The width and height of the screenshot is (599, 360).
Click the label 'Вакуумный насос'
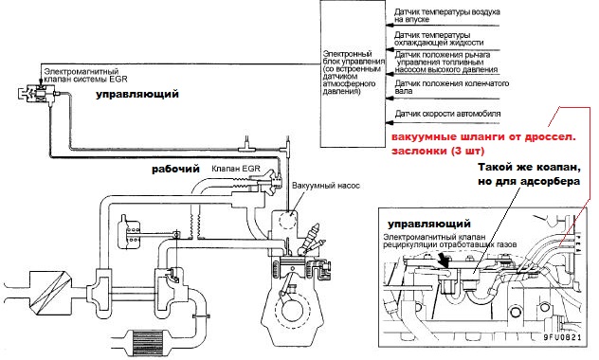tap(326, 186)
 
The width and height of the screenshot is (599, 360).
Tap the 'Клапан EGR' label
tap(236, 169)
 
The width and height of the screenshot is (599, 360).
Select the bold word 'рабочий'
tap(175, 170)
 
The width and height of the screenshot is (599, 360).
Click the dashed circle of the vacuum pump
tap(288, 219)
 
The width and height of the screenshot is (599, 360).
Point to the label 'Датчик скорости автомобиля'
tap(447, 114)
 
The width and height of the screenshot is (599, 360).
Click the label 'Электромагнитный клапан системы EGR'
tap(85, 76)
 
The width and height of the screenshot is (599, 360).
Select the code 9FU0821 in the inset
tap(562, 337)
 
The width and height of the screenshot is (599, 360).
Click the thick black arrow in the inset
tap(444, 260)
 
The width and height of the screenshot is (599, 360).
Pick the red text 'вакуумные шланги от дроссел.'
tap(483, 137)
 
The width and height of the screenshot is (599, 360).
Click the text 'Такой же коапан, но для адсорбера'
tap(529, 174)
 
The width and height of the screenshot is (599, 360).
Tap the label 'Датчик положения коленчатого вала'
tap(451, 87)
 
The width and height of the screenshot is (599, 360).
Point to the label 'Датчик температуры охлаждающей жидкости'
tap(439, 39)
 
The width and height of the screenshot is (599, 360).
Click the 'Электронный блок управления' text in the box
tap(354, 58)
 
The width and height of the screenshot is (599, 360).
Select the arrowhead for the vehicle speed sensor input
tap(389, 122)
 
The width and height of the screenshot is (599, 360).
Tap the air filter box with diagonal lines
tap(50, 293)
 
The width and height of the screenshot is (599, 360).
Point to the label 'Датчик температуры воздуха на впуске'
tap(447, 15)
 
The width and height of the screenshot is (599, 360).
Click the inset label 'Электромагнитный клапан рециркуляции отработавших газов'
tap(450, 240)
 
